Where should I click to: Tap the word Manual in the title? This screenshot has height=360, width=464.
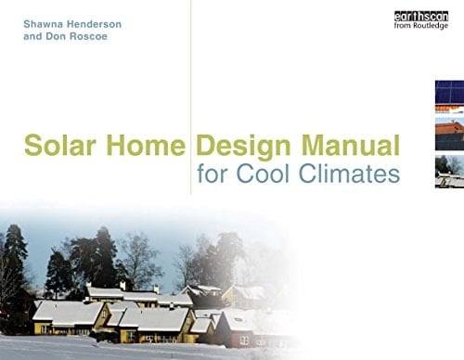[x=350, y=146]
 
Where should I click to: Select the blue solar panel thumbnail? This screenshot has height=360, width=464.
[x=449, y=94]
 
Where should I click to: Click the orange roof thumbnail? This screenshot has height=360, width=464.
[x=449, y=132]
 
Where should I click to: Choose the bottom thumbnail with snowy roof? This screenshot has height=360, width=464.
[x=449, y=171]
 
